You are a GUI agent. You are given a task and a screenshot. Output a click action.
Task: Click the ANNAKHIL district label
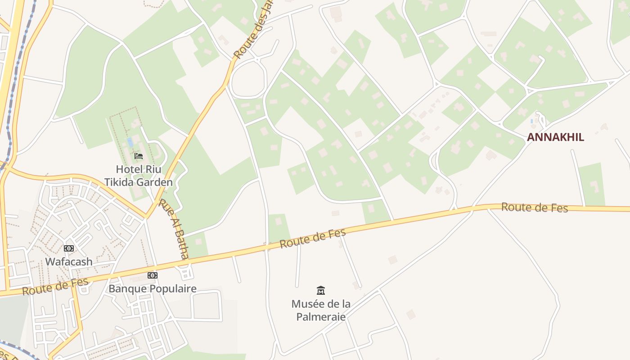[x=555, y=137]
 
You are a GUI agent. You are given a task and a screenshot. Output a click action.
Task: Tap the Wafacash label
[x=69, y=261]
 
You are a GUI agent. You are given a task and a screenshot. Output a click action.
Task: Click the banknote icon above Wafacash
[x=68, y=248]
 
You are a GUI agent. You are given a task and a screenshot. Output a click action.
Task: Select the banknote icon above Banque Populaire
[x=153, y=275]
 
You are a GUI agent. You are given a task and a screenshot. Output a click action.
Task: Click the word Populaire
[x=173, y=288]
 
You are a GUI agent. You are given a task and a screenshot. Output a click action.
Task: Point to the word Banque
[x=128, y=288]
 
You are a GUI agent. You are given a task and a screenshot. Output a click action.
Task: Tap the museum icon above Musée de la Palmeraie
[x=321, y=290]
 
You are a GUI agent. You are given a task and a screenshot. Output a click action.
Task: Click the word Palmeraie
[x=321, y=317]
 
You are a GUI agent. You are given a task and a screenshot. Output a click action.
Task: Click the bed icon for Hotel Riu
[x=139, y=156]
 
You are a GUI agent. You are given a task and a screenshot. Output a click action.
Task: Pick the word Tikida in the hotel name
[x=118, y=182]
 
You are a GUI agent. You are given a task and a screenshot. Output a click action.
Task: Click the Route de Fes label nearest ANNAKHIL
[x=535, y=207]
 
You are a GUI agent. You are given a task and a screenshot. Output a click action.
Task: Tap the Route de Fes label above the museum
[x=313, y=238]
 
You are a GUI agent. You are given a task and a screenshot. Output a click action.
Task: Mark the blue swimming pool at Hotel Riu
[x=130, y=142]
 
